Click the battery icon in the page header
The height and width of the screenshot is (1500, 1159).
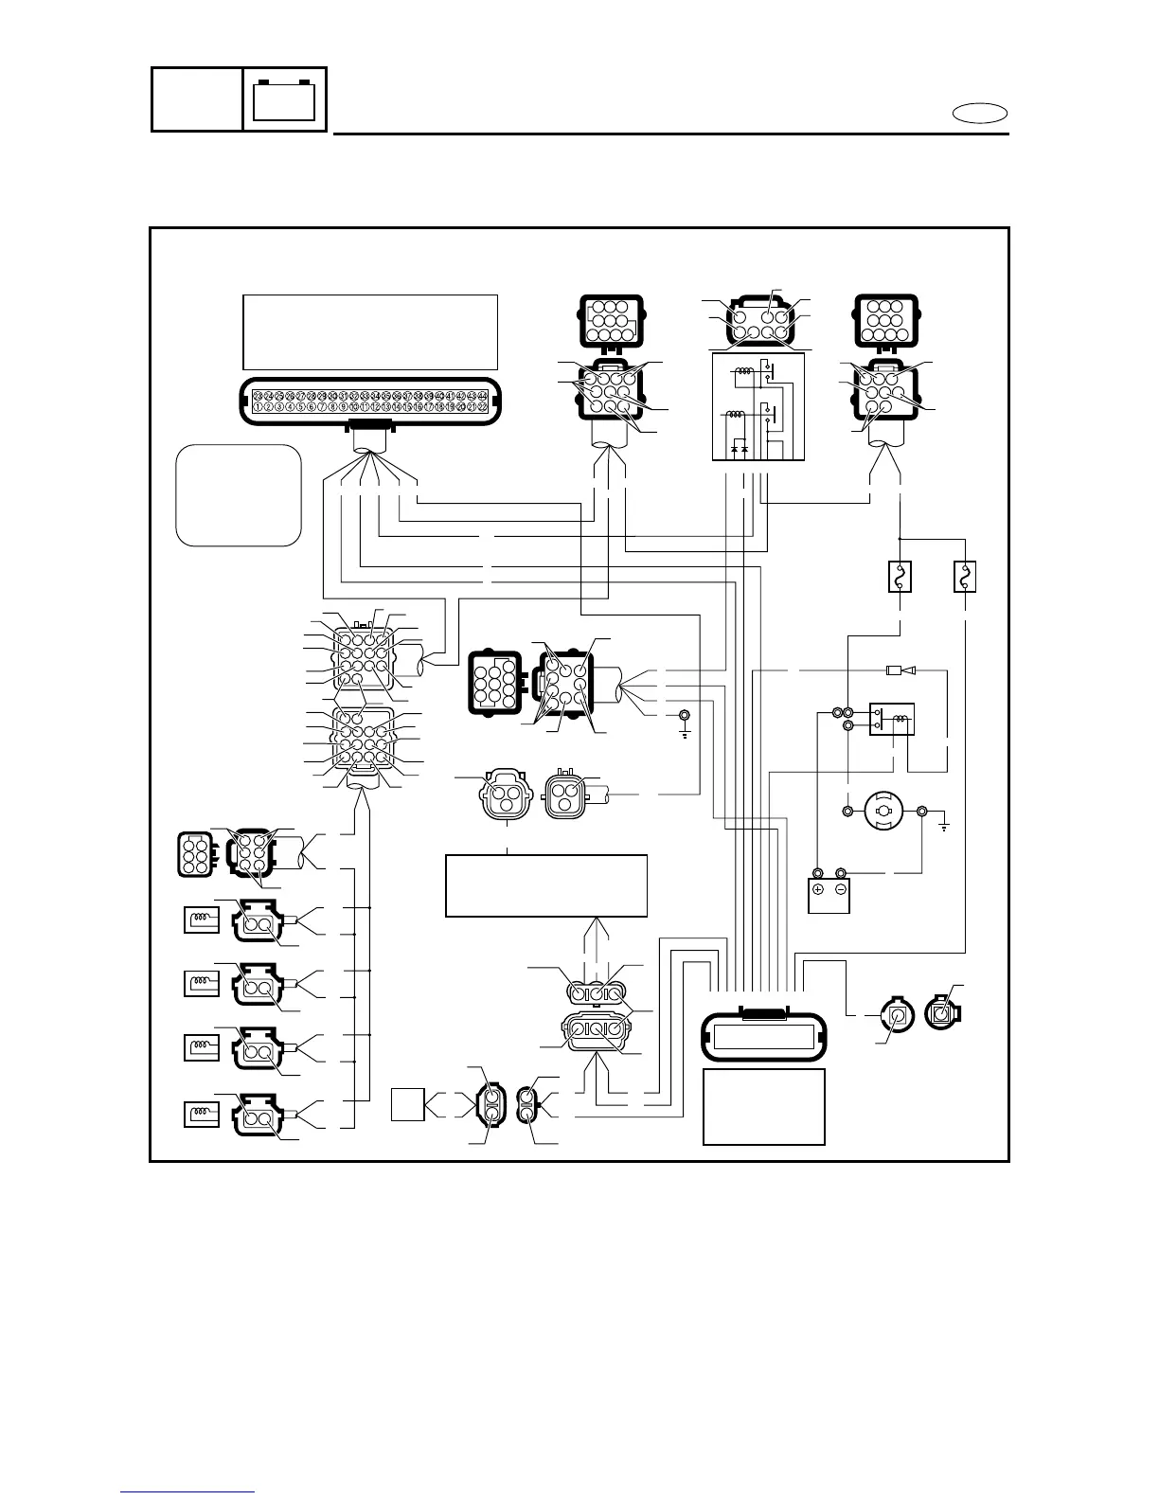284,99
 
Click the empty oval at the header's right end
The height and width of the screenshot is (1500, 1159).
979,115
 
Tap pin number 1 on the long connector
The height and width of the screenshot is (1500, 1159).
258,407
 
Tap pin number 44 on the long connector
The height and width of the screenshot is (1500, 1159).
483,395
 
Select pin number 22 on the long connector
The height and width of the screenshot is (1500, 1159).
483,407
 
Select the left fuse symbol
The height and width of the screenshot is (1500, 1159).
900,576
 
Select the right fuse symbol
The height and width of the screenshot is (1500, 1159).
964,576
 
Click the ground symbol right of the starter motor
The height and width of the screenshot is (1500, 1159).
943,826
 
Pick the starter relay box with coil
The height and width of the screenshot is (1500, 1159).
891,720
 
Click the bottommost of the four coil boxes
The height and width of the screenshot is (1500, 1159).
200,1114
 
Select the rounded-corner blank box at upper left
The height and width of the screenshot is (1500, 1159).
239,495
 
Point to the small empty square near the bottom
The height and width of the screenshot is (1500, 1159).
408,1104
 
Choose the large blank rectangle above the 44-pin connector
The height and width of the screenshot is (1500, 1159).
370,331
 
